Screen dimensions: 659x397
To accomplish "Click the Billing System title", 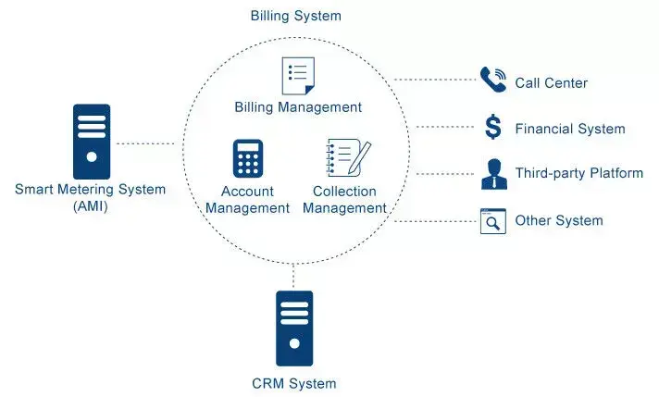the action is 296,16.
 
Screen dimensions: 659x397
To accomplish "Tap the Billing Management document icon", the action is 298,76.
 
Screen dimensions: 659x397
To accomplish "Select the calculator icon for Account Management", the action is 248,158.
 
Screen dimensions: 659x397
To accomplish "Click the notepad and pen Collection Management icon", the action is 348,157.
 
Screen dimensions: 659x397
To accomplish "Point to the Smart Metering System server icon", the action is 92,142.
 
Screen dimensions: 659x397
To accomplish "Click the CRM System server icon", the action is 294,329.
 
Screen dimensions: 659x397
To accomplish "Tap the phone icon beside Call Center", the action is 493,79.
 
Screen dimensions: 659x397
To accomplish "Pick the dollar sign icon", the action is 493,127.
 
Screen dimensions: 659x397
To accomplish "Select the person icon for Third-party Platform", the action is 494,174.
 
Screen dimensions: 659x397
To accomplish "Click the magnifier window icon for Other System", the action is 493,221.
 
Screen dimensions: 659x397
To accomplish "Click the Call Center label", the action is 552,83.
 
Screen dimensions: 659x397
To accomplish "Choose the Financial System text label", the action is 570,129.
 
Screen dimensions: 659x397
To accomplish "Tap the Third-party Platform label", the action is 579,173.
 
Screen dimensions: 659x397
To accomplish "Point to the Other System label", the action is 559,220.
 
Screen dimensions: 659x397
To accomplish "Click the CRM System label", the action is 294,383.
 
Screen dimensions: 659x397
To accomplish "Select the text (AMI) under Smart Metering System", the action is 91,206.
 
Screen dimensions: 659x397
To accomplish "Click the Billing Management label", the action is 298,107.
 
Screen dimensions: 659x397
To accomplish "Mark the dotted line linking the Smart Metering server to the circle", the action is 145,143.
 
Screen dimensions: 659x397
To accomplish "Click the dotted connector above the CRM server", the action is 293,276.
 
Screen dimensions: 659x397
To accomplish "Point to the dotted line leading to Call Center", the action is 435,80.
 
